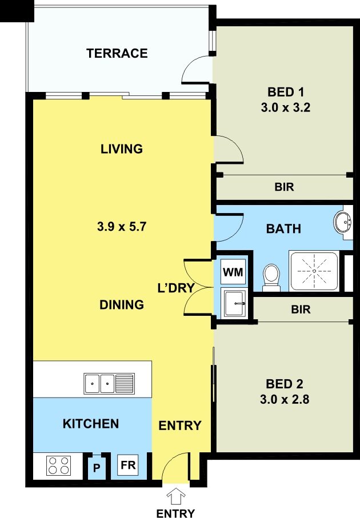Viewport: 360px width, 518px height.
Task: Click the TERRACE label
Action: pyautogui.click(x=117, y=53)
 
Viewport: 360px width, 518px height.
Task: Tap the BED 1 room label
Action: pyautogui.click(x=286, y=92)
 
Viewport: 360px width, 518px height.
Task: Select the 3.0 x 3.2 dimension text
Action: pyautogui.click(x=286, y=108)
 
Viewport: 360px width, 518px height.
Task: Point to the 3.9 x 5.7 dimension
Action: pyautogui.click(x=122, y=227)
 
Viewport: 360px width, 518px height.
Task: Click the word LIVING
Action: pyautogui.click(x=122, y=149)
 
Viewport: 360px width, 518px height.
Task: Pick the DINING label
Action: pyautogui.click(x=122, y=304)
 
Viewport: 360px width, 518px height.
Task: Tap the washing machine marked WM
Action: pyautogui.click(x=233, y=272)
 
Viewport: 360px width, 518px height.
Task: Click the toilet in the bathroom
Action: pyautogui.click(x=271, y=278)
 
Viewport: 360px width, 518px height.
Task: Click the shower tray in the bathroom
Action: pyautogui.click(x=314, y=271)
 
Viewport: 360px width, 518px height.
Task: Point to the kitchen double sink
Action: pyautogui.click(x=109, y=384)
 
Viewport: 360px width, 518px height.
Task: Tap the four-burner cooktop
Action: pyautogui.click(x=58, y=465)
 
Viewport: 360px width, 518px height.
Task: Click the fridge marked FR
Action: pyautogui.click(x=128, y=465)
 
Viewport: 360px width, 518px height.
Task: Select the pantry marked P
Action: pyautogui.click(x=97, y=468)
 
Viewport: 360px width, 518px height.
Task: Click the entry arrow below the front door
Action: pyautogui.click(x=176, y=496)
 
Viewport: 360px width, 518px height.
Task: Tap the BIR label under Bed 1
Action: pyautogui.click(x=285, y=187)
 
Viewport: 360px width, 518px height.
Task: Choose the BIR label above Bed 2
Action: pyautogui.click(x=301, y=310)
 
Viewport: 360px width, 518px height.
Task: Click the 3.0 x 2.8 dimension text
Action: pyautogui.click(x=285, y=400)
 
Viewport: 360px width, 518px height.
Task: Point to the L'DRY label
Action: pyautogui.click(x=176, y=288)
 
